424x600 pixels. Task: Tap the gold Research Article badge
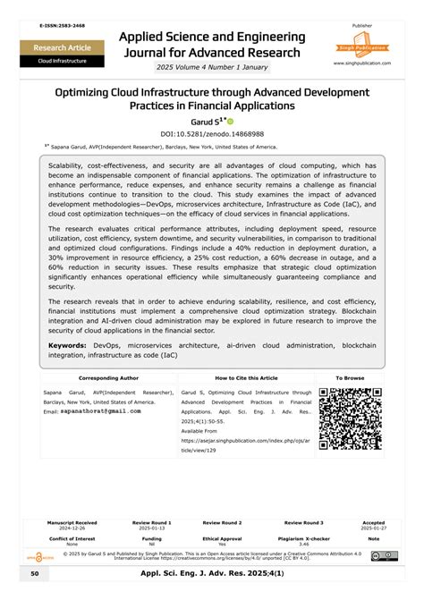coord(62,46)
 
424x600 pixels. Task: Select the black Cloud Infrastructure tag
coord(62,61)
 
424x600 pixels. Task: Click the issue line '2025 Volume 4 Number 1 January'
coord(212,68)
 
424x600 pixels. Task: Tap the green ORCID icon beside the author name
coord(229,121)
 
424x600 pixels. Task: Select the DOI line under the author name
coord(211,132)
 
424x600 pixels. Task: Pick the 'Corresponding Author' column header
coord(108,378)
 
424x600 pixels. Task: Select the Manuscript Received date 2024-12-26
coord(72,528)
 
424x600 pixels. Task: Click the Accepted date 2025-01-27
coord(373,528)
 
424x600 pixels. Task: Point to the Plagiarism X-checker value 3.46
coord(303,544)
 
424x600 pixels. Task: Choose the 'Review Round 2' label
coord(223,522)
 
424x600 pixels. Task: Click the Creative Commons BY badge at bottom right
coord(385,556)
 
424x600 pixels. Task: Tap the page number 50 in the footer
coord(34,572)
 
